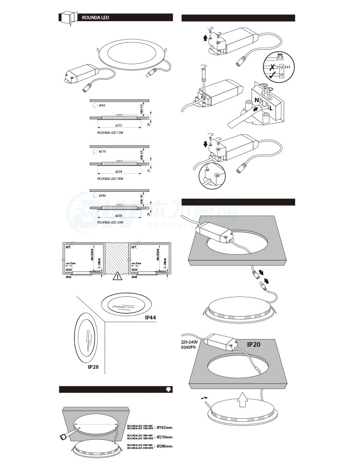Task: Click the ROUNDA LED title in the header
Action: [x=96, y=17]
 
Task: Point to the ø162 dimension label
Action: [x=102, y=105]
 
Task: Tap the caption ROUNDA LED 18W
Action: [x=110, y=178]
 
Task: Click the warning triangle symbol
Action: [x=118, y=276]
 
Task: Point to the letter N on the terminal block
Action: [x=257, y=100]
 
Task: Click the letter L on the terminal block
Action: [x=271, y=108]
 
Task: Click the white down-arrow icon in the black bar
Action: [x=168, y=389]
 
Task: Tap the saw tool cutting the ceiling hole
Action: [x=68, y=435]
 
